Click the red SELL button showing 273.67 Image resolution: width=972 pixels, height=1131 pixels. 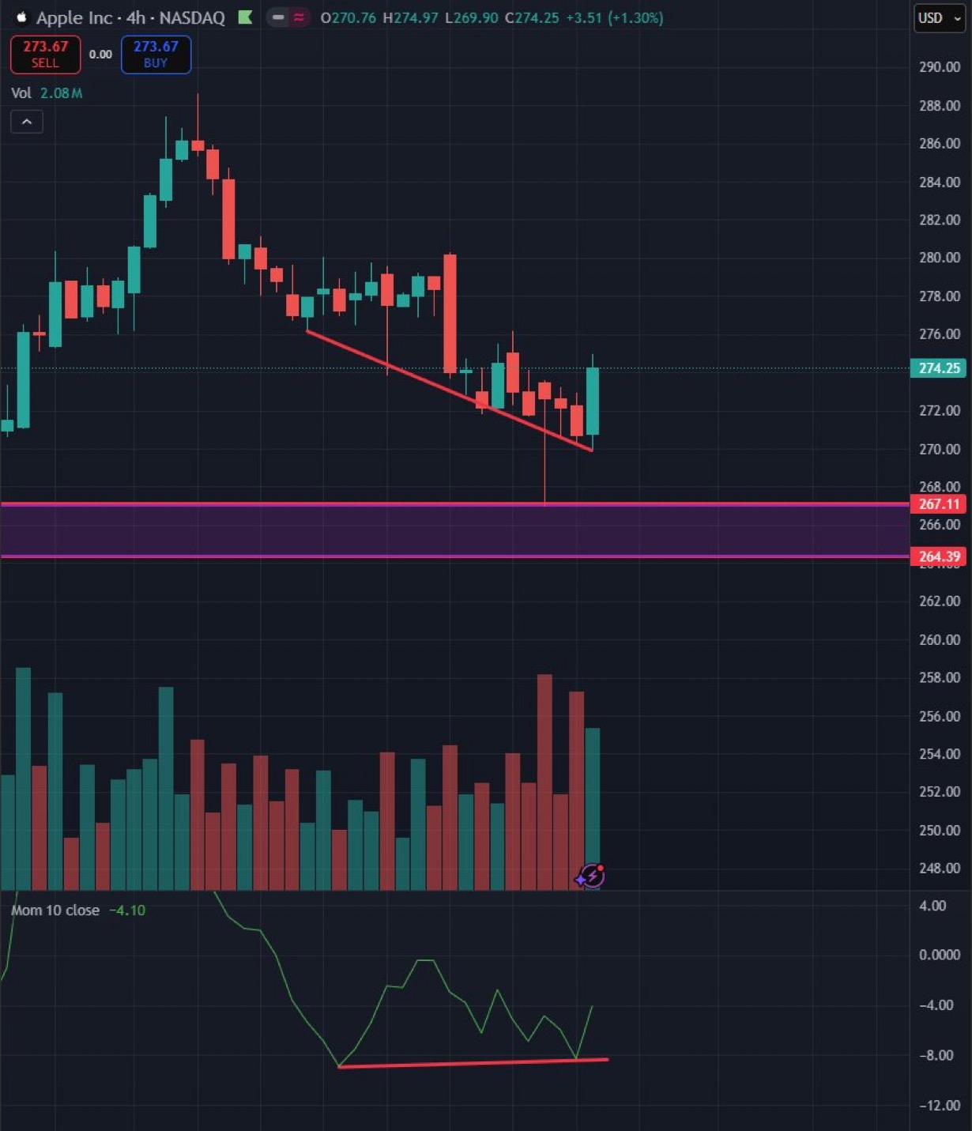coord(45,55)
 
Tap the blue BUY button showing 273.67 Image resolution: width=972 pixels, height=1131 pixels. coord(156,55)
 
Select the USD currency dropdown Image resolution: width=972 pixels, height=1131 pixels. coord(940,18)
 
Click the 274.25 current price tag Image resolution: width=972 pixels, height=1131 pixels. coord(938,368)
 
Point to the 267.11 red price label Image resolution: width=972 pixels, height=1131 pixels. coord(938,504)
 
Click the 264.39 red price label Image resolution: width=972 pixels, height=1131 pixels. coord(938,556)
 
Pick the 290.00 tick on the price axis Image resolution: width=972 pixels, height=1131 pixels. coord(939,67)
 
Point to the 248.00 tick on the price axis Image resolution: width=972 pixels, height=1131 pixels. coord(939,868)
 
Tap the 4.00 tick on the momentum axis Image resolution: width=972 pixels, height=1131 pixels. coord(932,906)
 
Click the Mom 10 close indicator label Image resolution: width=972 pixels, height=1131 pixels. coord(55,910)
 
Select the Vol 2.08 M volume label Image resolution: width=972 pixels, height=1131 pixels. coord(47,93)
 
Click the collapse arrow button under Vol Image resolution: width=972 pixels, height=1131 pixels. coord(27,122)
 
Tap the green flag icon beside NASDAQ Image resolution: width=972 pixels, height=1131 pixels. coord(246,17)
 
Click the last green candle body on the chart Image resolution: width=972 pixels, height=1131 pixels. coord(592,402)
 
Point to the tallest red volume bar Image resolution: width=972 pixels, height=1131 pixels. coord(544,782)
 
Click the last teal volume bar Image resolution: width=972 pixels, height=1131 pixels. coord(592,798)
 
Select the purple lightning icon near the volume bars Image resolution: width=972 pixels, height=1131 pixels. coord(591,876)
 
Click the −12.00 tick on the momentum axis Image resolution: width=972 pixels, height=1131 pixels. coord(939,1105)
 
